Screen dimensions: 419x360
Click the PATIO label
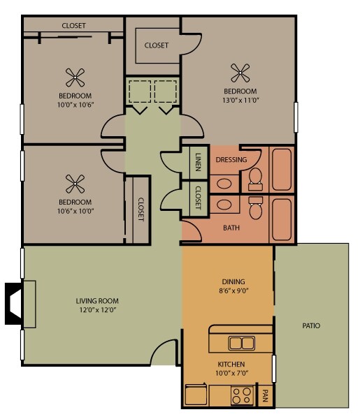pos(312,325)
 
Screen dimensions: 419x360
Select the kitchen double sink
pos(241,343)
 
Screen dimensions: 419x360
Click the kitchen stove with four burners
pos(241,396)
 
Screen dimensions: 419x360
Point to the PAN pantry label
pos(266,397)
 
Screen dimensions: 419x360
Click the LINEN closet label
pos(198,162)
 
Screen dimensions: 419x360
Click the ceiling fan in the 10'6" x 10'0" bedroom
pos(74,184)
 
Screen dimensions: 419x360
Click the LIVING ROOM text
pos(96,302)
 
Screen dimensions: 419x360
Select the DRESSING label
pos(231,160)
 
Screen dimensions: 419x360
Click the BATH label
pos(231,228)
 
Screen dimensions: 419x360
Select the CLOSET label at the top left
pos(73,26)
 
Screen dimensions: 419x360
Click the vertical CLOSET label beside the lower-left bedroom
pos(141,209)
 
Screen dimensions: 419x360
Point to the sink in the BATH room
pos(224,205)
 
